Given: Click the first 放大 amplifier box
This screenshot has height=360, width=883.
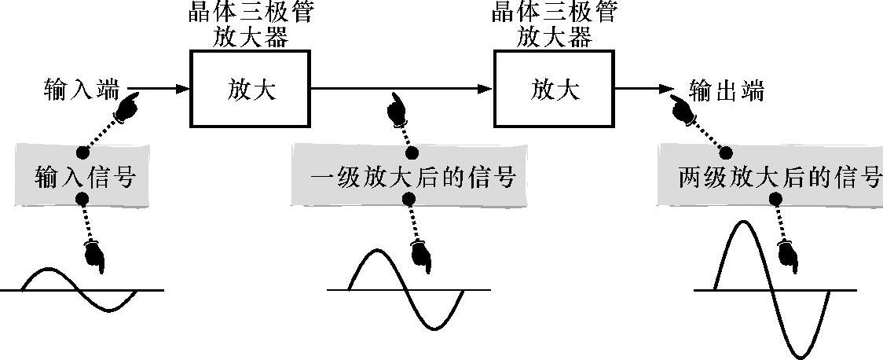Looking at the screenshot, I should [x=251, y=88].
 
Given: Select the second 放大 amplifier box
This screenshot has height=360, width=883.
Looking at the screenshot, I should [x=554, y=88].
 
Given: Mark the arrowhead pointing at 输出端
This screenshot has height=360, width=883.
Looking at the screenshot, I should [x=669, y=89].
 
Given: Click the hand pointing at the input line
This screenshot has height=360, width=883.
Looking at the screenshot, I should [x=128, y=106].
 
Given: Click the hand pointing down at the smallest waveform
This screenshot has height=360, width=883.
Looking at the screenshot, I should [x=94, y=256].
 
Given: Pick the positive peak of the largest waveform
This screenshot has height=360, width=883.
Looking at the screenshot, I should [x=742, y=223].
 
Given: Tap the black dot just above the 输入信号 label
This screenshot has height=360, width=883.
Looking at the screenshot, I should [x=79, y=152].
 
